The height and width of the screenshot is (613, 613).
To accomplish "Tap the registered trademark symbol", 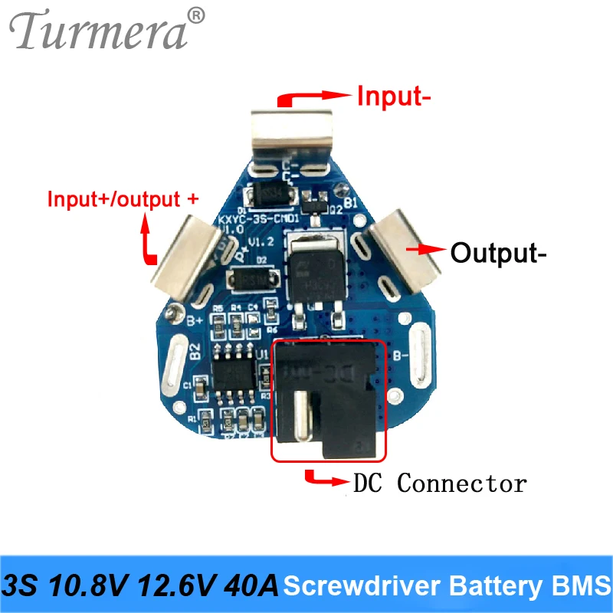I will [197, 15].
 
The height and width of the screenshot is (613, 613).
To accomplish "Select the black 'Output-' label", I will [499, 252].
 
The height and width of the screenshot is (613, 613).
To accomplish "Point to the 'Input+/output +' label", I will [123, 199].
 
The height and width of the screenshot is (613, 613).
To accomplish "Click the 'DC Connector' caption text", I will [440, 484].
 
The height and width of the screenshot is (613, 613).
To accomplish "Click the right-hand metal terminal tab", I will [405, 245].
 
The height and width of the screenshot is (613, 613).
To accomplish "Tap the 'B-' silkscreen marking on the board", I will [400, 356].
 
